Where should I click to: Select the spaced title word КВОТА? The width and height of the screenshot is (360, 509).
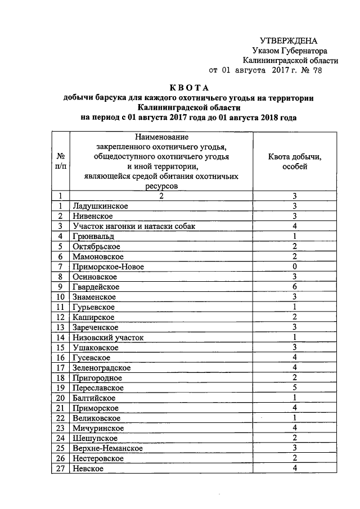click(x=189, y=88)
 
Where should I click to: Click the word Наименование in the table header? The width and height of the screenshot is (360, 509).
click(x=161, y=137)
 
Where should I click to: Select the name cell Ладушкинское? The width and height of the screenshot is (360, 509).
click(x=100, y=206)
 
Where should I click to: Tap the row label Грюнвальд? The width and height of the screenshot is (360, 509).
click(x=94, y=236)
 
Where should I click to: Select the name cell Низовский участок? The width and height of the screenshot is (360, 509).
click(x=108, y=337)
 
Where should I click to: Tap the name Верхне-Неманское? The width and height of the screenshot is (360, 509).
click(x=107, y=448)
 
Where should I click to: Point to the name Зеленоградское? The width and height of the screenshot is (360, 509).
click(x=102, y=367)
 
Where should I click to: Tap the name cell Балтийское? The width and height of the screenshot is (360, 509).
click(x=94, y=398)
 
